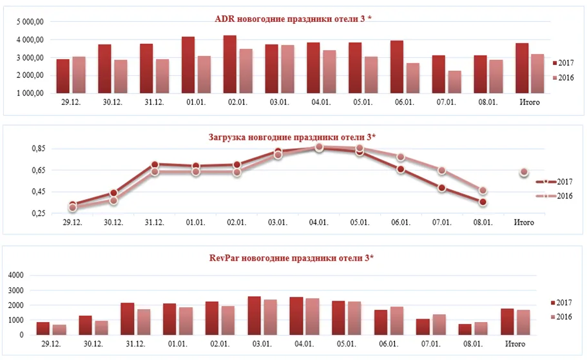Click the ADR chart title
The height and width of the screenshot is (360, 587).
tap(293, 19)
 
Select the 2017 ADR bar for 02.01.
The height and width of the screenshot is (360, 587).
tap(230, 64)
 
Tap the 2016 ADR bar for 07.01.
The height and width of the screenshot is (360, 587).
tap(454, 82)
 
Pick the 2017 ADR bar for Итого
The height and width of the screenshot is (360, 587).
tap(522, 68)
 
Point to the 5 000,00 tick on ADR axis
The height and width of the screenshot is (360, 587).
tap(30, 22)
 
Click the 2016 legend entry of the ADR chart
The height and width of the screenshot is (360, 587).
tap(563, 77)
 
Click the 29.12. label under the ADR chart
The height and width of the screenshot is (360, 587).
tap(71, 102)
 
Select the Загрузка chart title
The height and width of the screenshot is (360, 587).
tap(292, 137)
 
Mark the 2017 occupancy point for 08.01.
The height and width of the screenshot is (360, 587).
tap(483, 202)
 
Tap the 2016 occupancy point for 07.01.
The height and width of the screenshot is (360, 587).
tap(442, 171)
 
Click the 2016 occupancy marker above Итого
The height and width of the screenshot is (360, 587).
tap(524, 172)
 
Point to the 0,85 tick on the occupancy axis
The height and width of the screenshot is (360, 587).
tap(39, 149)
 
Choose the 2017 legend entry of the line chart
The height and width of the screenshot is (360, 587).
tap(554, 182)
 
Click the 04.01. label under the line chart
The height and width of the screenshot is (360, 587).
tap(318, 222)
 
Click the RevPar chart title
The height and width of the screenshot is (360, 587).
tap(291, 258)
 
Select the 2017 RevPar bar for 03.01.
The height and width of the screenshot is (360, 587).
tap(254, 316)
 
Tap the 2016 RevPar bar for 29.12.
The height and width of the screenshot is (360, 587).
tap(59, 330)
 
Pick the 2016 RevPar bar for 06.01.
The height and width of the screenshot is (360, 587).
tap(397, 321)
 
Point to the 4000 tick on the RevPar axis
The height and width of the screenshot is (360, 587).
tap(15, 275)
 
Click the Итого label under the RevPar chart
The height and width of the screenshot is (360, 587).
tap(515, 343)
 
